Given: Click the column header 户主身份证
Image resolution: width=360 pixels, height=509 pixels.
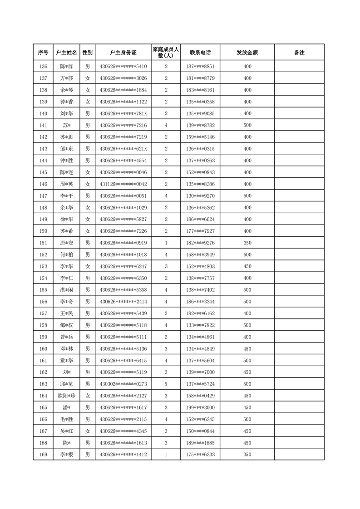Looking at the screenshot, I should click(x=123, y=53).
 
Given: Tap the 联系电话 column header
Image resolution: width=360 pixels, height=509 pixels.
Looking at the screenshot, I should click(x=200, y=53).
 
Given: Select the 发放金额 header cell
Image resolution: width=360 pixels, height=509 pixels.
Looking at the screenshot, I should click(x=247, y=53).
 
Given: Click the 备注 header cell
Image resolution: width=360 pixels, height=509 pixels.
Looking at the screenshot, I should click(x=299, y=53).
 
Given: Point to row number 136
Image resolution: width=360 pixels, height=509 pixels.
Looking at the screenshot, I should click(x=43, y=66).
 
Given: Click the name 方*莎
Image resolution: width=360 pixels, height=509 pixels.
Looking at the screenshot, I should click(x=66, y=78).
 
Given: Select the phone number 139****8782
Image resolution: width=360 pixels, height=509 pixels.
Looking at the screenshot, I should click(x=200, y=125).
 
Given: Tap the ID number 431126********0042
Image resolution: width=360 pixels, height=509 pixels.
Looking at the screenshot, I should click(x=123, y=184).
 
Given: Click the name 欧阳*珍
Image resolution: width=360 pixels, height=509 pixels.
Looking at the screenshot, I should click(x=66, y=396).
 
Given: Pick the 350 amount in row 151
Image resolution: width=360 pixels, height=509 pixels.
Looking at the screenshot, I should click(x=247, y=243).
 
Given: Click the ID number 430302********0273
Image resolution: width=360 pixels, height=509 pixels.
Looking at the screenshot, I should click(x=123, y=384).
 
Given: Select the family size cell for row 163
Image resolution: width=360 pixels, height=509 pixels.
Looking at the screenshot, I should click(x=166, y=384).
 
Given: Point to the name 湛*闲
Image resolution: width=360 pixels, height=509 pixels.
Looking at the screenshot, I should click(x=66, y=290).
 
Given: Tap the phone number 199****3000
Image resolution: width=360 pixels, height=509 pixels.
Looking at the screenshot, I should click(x=200, y=408).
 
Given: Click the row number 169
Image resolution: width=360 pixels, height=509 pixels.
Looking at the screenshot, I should click(x=43, y=455).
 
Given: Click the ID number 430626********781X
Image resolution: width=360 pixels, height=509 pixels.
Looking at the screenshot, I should click(x=123, y=113).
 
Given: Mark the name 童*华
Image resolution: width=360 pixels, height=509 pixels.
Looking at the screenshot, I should click(x=66, y=361).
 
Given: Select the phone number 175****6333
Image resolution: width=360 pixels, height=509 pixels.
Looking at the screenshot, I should click(x=200, y=455).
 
